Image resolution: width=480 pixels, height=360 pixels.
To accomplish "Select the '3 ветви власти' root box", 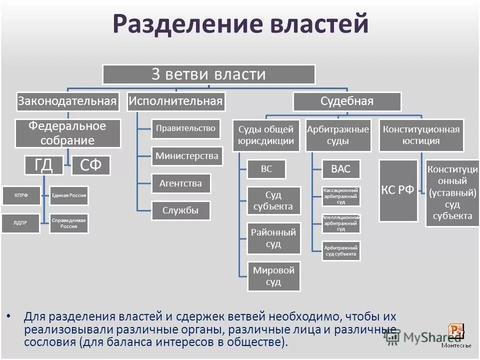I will click(209, 74).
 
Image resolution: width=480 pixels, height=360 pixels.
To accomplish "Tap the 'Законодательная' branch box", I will click(67, 101).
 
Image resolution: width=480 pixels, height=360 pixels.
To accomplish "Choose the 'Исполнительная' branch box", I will click(175, 101).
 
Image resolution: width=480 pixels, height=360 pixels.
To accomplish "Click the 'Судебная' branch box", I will click(346, 101).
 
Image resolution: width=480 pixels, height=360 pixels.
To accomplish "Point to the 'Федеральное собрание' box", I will click(67, 133).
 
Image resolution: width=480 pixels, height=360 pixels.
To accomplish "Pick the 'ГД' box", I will click(44, 165).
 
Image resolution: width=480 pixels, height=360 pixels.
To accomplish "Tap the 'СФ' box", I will click(90, 165).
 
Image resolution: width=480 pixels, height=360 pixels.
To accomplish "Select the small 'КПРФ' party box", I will click(20, 195).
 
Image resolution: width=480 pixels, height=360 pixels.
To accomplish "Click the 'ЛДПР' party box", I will click(20, 223).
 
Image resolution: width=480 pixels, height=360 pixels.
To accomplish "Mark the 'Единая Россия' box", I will click(69, 195).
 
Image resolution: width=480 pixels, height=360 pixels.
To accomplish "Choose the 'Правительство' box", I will click(185, 128).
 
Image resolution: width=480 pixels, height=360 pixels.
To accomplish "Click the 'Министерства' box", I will click(187, 156).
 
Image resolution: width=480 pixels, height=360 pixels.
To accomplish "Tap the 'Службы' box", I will click(180, 210).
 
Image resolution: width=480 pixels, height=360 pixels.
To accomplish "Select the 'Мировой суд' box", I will click(273, 276).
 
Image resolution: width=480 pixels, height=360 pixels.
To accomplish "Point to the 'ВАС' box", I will click(340, 169).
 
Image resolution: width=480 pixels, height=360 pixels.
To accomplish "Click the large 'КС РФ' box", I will click(398, 190).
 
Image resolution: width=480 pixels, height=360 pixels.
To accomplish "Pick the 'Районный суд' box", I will click(273, 238).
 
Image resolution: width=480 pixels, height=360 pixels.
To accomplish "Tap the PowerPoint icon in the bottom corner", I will click(456, 330).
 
